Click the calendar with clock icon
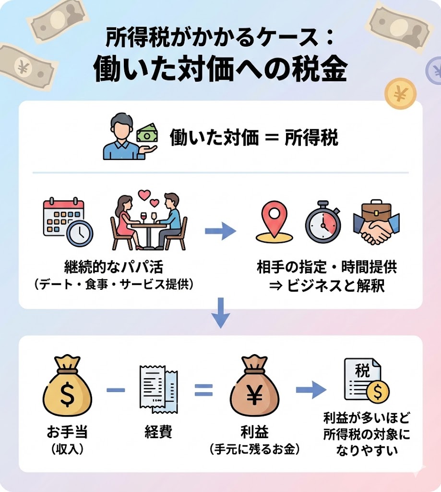pyautogui.click(x=67, y=222)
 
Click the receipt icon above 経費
pyautogui.click(x=158, y=388)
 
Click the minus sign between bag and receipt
pyautogui.click(x=115, y=390)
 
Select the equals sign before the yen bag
pyautogui.click(x=203, y=390)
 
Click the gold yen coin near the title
pyautogui.click(x=400, y=94)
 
